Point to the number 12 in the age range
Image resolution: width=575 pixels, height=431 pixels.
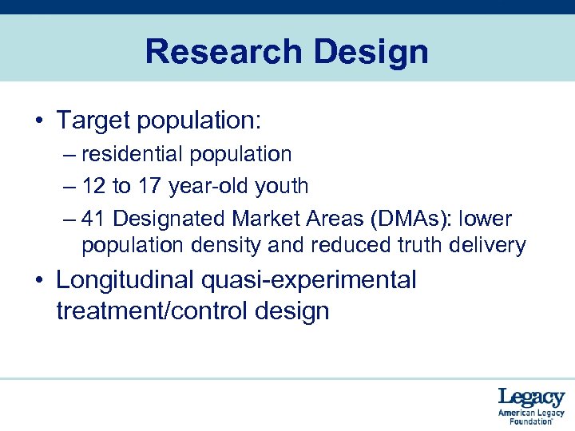click(93, 186)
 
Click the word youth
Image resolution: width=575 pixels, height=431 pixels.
click(281, 186)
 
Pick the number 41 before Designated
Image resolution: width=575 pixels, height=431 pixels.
click(93, 218)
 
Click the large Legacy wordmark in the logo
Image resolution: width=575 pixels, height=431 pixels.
click(531, 397)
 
